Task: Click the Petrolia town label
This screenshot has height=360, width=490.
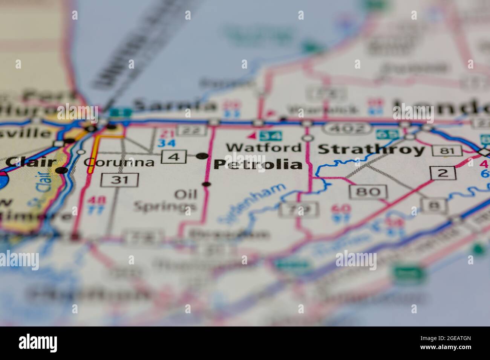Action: [258, 165]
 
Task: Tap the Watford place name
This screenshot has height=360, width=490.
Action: [264, 147]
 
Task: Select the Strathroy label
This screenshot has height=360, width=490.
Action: [371, 149]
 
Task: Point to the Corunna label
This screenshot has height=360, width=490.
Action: [119, 162]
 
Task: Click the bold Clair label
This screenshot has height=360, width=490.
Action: [31, 162]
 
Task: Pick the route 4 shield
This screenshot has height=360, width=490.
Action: [174, 157]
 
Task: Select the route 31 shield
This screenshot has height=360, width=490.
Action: [119, 179]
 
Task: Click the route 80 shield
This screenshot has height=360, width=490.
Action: [368, 192]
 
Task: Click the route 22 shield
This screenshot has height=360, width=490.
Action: [192, 130]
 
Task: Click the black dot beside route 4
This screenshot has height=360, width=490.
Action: [202, 156]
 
